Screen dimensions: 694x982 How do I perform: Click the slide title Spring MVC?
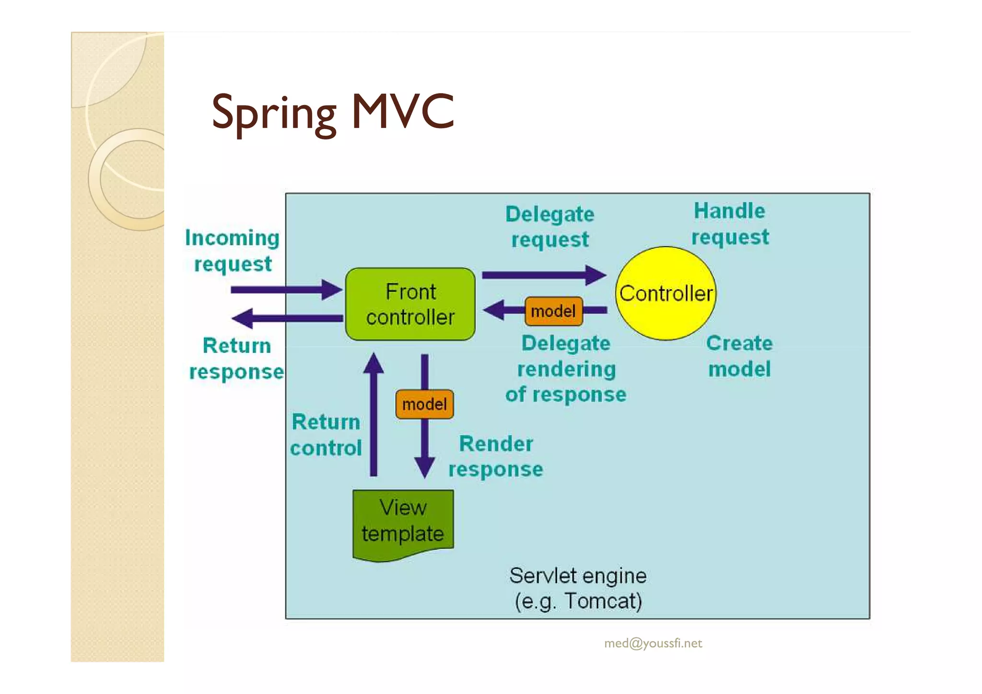point(333,113)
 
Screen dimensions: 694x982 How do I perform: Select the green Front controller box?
point(410,304)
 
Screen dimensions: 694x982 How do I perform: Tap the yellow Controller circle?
point(666,294)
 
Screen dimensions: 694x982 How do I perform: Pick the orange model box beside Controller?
point(553,311)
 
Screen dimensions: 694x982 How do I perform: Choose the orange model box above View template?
point(424,404)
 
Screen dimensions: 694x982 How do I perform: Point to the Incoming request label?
point(233,251)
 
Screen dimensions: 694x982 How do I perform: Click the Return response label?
point(236,358)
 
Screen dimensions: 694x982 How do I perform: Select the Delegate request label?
point(549,226)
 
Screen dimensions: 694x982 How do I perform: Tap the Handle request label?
point(730,224)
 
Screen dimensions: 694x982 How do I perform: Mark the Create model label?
point(739,356)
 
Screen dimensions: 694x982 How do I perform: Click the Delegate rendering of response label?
point(566,369)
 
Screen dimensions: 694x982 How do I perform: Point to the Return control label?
point(326,435)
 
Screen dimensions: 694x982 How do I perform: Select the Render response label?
point(496,456)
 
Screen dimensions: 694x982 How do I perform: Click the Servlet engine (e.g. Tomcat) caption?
point(578,588)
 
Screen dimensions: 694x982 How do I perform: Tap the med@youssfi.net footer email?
point(653,643)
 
